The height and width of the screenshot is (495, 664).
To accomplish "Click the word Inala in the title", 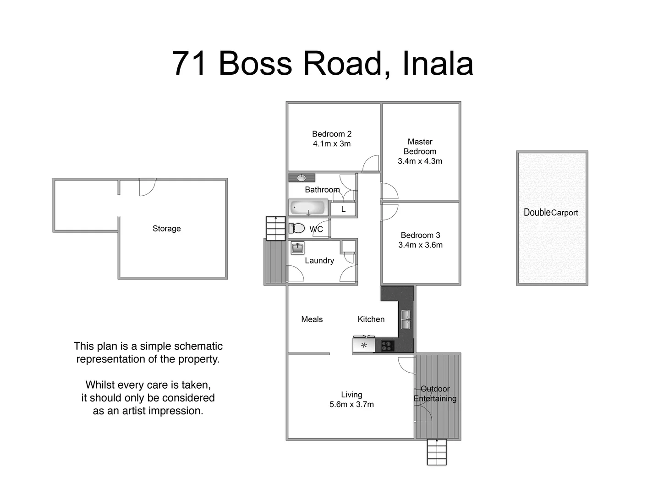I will coord(437,63).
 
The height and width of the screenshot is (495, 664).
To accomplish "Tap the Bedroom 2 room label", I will coord(331,134).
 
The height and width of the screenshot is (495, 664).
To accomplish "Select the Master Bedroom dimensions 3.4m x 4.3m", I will coord(420,161).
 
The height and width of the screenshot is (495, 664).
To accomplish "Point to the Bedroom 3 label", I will coord(420,235).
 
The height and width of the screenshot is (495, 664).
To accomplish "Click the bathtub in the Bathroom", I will coord(308,208).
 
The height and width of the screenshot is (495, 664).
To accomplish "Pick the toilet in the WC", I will coord(297,228).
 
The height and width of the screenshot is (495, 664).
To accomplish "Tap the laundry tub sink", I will coord(297,248).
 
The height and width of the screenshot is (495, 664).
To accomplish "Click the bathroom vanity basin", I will coord(302,178).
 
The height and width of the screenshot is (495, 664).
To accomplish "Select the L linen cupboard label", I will coord(343,209).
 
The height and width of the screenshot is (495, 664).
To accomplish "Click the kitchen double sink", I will coord(406,319).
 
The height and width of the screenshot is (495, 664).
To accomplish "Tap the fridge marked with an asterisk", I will coord(364,345).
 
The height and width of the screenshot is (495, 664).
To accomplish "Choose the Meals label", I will coord(312,319).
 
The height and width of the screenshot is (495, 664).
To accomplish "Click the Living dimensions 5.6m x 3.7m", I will coord(351,405).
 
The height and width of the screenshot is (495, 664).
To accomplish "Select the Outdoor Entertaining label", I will coord(435,394).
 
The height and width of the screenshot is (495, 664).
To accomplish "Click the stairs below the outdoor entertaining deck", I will coord(436,452).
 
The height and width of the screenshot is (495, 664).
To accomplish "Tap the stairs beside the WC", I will coord(275,228).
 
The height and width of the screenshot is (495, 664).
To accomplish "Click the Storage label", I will coord(166,229).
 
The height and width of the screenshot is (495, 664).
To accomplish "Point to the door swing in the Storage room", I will coord(147,187).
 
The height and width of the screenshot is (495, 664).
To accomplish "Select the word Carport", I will coord(565,213).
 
